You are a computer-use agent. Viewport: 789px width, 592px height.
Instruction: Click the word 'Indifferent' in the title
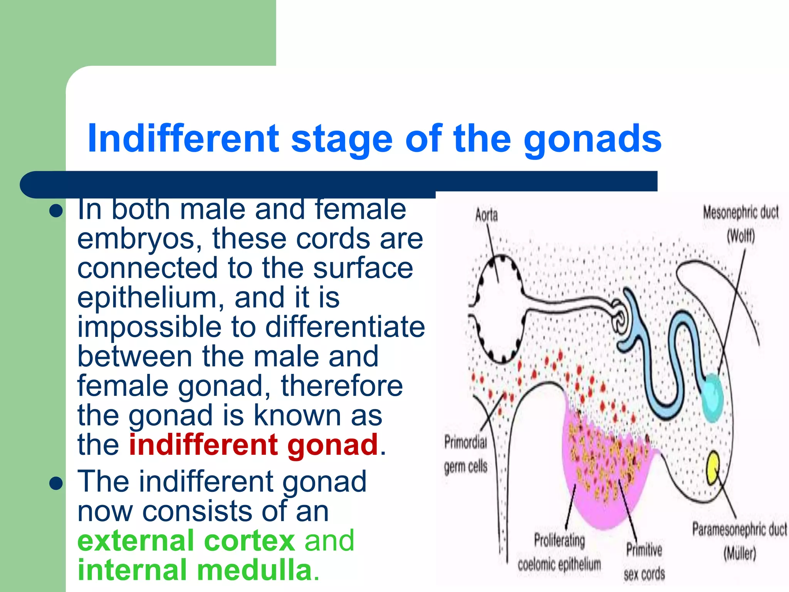coord(183,139)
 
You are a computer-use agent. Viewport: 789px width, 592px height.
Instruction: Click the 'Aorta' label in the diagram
coord(486,215)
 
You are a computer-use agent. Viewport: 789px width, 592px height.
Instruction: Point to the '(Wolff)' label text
coord(740,236)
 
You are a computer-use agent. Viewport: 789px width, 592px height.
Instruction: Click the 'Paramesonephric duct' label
coord(739,530)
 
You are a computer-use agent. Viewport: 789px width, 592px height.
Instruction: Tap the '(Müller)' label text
coord(739,553)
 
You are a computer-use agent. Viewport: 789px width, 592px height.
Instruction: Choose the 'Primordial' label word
coord(465,442)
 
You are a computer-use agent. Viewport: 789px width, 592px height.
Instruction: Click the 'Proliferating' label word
coord(559,540)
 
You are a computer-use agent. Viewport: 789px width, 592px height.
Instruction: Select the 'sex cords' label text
coord(644,574)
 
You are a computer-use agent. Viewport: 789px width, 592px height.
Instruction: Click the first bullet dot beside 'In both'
coord(56,211)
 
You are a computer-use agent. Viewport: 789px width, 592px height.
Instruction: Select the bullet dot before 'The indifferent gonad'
coord(56,483)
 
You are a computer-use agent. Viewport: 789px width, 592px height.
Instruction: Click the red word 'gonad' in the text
coord(332,445)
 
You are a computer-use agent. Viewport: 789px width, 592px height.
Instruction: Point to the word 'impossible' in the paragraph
coord(149,327)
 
